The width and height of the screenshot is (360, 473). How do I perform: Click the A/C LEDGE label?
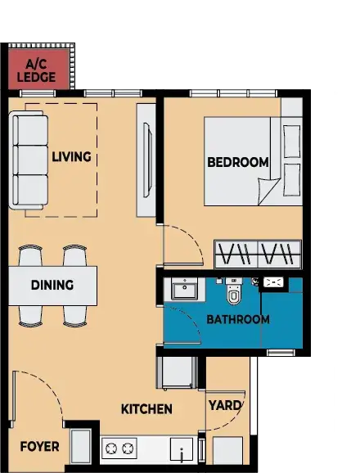click(x=36, y=71)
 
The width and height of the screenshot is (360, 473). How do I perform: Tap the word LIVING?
click(x=71, y=157)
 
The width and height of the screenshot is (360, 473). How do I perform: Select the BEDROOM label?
click(x=238, y=162)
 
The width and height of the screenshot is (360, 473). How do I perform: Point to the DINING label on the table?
click(x=52, y=285)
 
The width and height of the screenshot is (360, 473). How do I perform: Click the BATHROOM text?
click(x=238, y=319)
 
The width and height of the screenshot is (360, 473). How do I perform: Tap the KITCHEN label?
click(x=146, y=409)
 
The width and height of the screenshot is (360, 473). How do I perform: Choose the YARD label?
click(x=225, y=406)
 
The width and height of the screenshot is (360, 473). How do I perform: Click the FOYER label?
click(x=39, y=447)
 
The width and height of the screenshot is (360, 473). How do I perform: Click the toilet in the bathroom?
click(x=234, y=291)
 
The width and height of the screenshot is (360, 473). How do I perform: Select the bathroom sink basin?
click(x=184, y=289)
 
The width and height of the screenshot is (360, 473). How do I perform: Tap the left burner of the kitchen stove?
click(x=111, y=448)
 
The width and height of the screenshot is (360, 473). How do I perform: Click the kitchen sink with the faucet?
click(x=182, y=450)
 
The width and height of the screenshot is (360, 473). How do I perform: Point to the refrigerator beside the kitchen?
click(x=177, y=373)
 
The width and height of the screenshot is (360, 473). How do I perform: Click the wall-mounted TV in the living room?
click(x=146, y=160)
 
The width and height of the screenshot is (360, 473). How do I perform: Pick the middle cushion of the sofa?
click(x=31, y=160)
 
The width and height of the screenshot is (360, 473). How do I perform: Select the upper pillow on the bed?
click(x=292, y=142)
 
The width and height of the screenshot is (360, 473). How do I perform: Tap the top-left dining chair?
click(x=30, y=255)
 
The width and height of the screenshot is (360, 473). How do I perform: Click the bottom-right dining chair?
click(x=74, y=316)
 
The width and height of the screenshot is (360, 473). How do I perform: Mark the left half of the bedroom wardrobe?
click(x=236, y=255)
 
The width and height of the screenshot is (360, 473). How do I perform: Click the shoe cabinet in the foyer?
click(x=80, y=447)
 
